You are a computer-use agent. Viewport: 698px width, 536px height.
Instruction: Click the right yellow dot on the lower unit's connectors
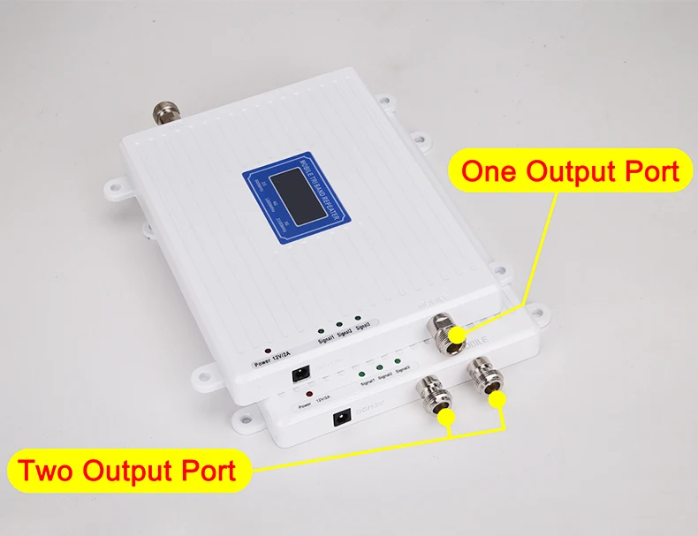coord(499,400)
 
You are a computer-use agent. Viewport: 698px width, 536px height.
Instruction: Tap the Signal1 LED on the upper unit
coord(322,328)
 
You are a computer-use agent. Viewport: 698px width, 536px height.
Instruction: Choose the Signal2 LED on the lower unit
coord(378,366)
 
